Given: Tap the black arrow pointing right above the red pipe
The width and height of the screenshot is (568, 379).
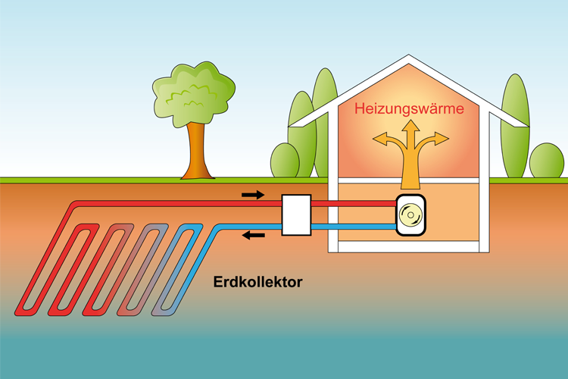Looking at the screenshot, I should (253, 195).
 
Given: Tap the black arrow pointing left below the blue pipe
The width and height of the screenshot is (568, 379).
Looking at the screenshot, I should (253, 235).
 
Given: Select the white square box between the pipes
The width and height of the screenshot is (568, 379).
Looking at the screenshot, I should (296, 215).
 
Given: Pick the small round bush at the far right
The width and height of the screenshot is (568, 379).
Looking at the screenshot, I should (546, 161).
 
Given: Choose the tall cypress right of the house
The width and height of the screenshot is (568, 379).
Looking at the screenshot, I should (515, 125).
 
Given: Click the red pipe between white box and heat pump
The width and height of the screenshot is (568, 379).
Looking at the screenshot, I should (353, 204).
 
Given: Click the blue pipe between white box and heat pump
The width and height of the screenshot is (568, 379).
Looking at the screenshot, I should (353, 226).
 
